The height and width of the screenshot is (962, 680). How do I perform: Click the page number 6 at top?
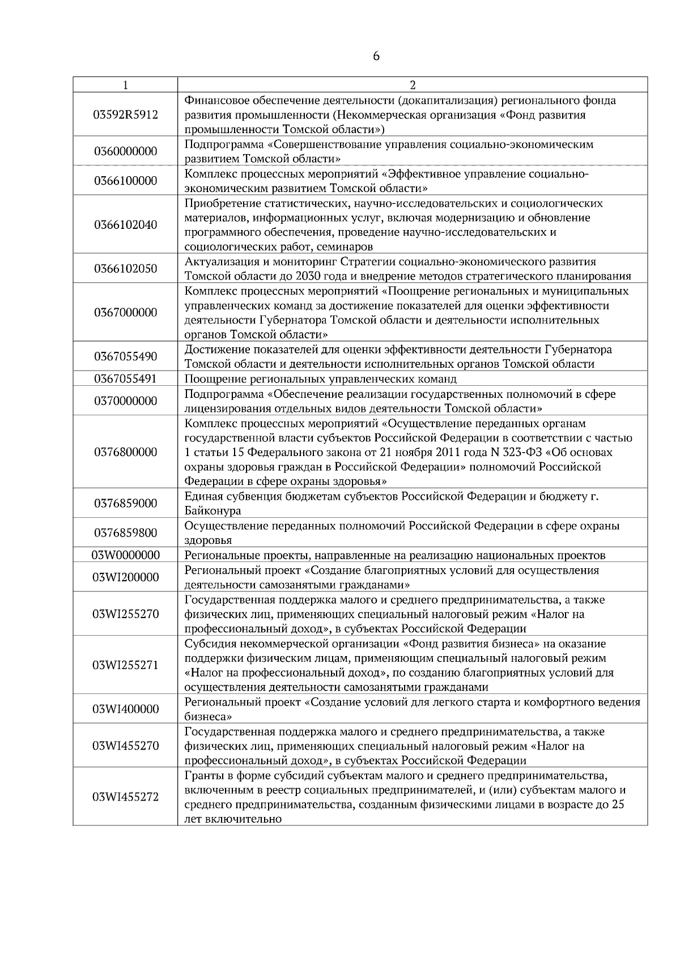376,57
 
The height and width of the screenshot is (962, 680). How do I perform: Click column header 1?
125,85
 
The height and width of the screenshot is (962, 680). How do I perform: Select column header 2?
413,85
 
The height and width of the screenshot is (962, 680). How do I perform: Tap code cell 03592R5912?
125,115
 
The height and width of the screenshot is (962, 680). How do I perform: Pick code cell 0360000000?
125,151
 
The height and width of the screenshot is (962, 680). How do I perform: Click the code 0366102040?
125,225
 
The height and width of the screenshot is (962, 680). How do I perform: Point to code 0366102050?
125,269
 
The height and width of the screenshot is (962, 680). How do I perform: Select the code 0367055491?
125,378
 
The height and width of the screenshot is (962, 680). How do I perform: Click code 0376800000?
125,452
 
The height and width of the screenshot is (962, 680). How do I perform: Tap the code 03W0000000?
125,555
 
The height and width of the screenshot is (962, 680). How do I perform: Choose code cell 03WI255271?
125,665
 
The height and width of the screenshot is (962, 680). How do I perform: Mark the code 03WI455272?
125,797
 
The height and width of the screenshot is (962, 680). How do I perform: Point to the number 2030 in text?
300,276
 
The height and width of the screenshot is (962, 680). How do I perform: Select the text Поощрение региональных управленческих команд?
320,379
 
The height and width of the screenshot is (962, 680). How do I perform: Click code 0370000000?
125,401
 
